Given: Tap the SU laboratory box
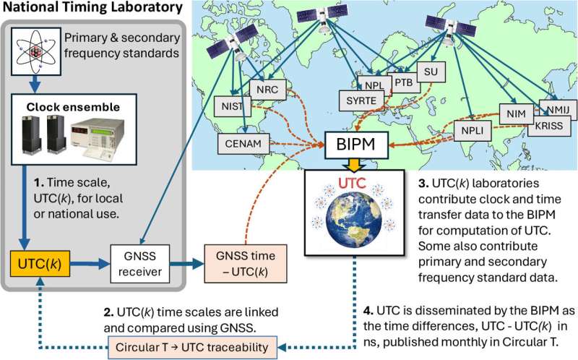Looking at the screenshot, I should (x=432, y=72).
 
